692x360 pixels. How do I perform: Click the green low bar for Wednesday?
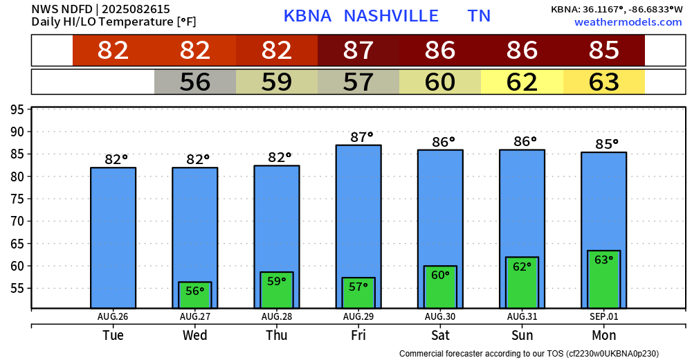point(195,295)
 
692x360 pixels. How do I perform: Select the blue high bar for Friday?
point(358,208)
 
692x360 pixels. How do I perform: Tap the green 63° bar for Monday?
point(603,280)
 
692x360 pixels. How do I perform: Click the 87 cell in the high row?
point(358,51)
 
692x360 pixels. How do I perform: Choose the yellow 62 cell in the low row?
point(522,82)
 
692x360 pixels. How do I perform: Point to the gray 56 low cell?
point(195,82)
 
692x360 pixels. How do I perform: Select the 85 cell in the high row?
point(603,51)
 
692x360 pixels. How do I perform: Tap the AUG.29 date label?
point(358,316)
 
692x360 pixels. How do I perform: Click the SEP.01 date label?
point(603,316)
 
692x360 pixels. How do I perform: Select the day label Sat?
point(440,336)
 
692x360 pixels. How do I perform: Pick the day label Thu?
point(277,336)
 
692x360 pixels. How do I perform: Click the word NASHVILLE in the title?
point(391,16)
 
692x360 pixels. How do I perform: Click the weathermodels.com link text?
point(628,22)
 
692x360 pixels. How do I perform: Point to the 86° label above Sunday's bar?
point(525,142)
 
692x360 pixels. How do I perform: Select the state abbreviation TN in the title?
point(479,16)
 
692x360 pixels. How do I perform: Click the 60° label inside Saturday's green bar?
point(440,275)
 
